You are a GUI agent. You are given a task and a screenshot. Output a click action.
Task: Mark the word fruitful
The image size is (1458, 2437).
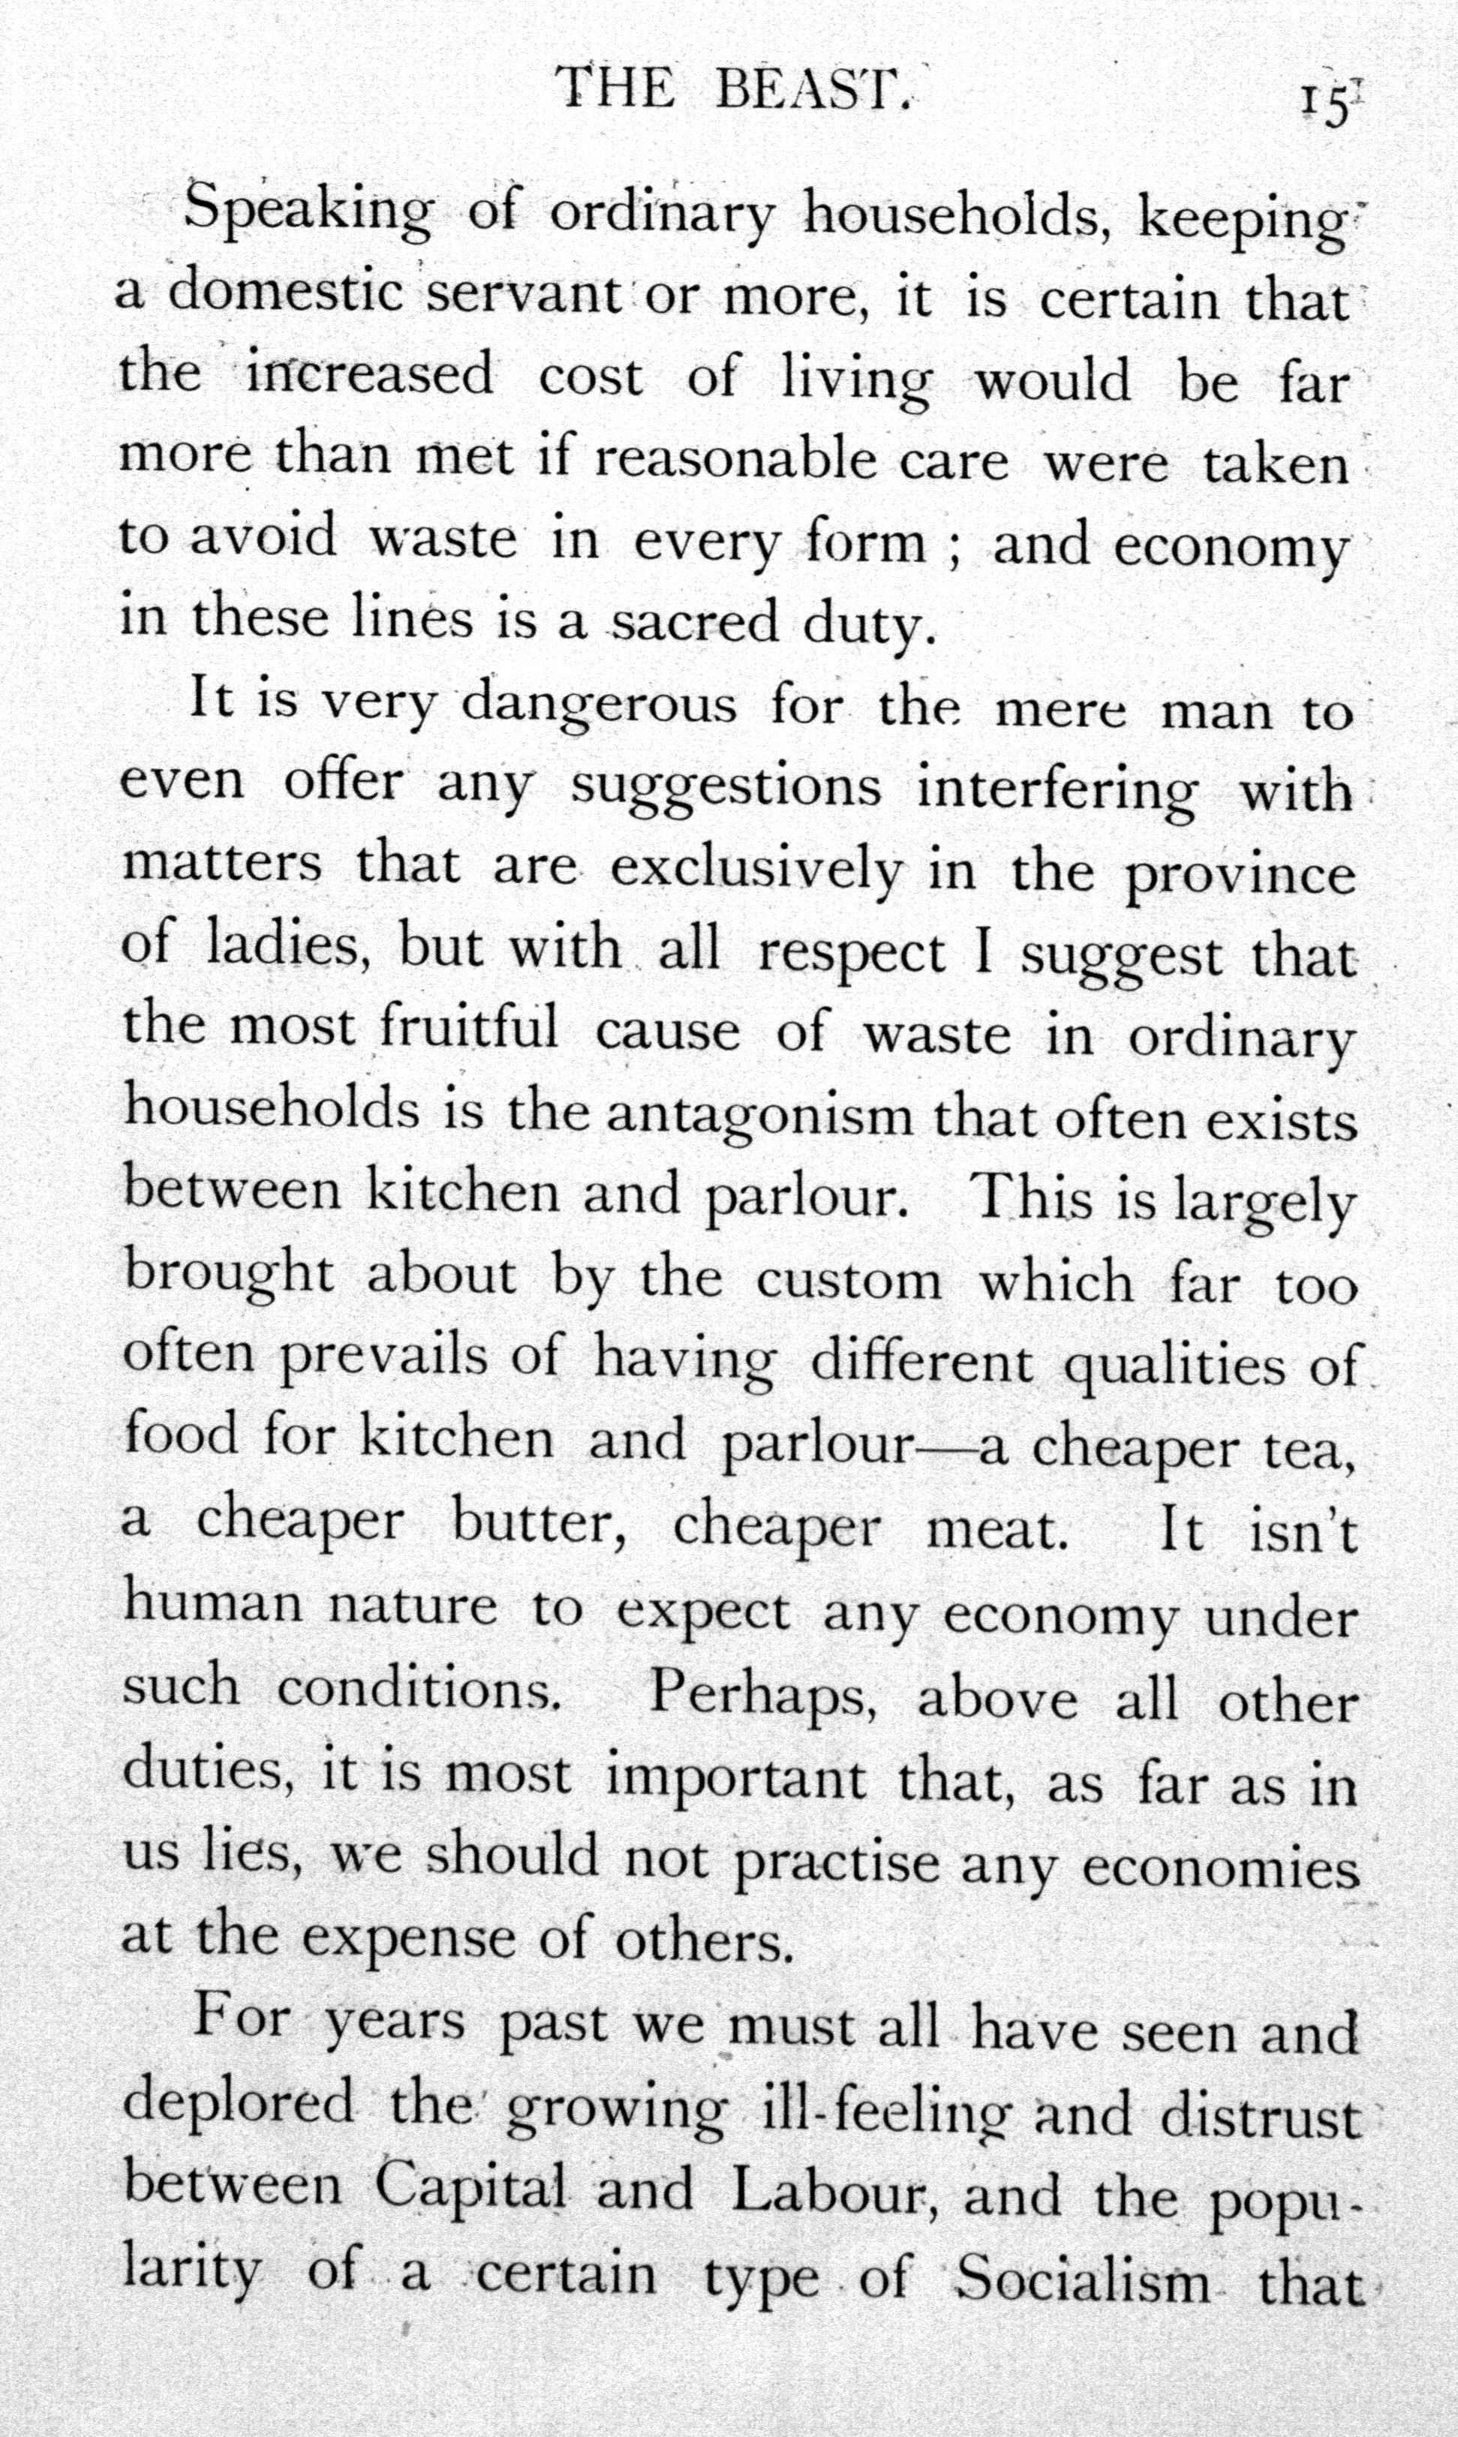470,1029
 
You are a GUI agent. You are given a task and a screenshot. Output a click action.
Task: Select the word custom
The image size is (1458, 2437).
848,1281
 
